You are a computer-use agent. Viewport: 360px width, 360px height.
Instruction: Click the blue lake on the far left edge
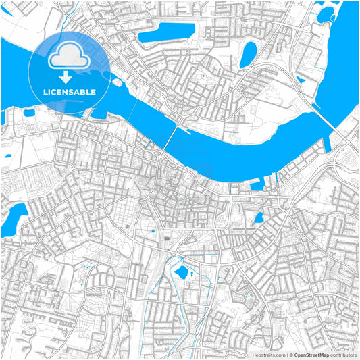coord(11,220)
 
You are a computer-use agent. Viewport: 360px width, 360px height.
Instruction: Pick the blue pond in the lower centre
coord(181,273)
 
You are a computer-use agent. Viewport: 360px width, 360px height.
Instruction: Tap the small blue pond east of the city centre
coord(257,217)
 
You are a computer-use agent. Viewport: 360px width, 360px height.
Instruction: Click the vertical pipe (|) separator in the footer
coord(285,354)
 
